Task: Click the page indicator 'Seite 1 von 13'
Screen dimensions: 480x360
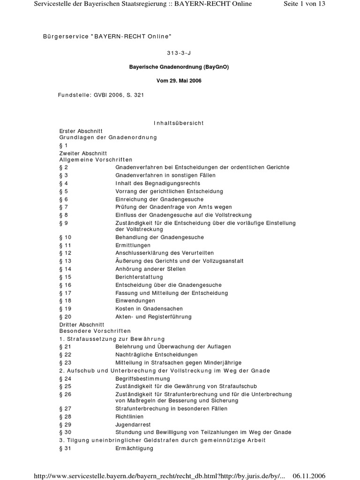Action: (304, 4)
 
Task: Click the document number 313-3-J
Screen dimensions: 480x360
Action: (180, 53)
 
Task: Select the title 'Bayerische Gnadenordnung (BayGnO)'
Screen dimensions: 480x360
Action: (180, 67)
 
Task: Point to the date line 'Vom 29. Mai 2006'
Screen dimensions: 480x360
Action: (180, 81)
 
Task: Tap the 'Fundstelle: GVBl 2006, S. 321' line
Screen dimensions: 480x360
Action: (101, 95)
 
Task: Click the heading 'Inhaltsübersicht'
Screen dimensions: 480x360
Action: (179, 123)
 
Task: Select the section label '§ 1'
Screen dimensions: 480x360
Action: (64, 145)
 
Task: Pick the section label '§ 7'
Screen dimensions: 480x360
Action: (64, 207)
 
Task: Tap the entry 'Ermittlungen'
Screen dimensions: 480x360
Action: (133, 245)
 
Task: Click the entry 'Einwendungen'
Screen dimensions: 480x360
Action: (135, 301)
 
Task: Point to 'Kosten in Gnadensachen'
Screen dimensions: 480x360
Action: (149, 309)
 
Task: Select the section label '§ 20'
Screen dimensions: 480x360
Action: (66, 317)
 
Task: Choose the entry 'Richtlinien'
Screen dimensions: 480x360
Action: (130, 416)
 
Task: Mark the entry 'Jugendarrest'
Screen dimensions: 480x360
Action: (133, 424)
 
